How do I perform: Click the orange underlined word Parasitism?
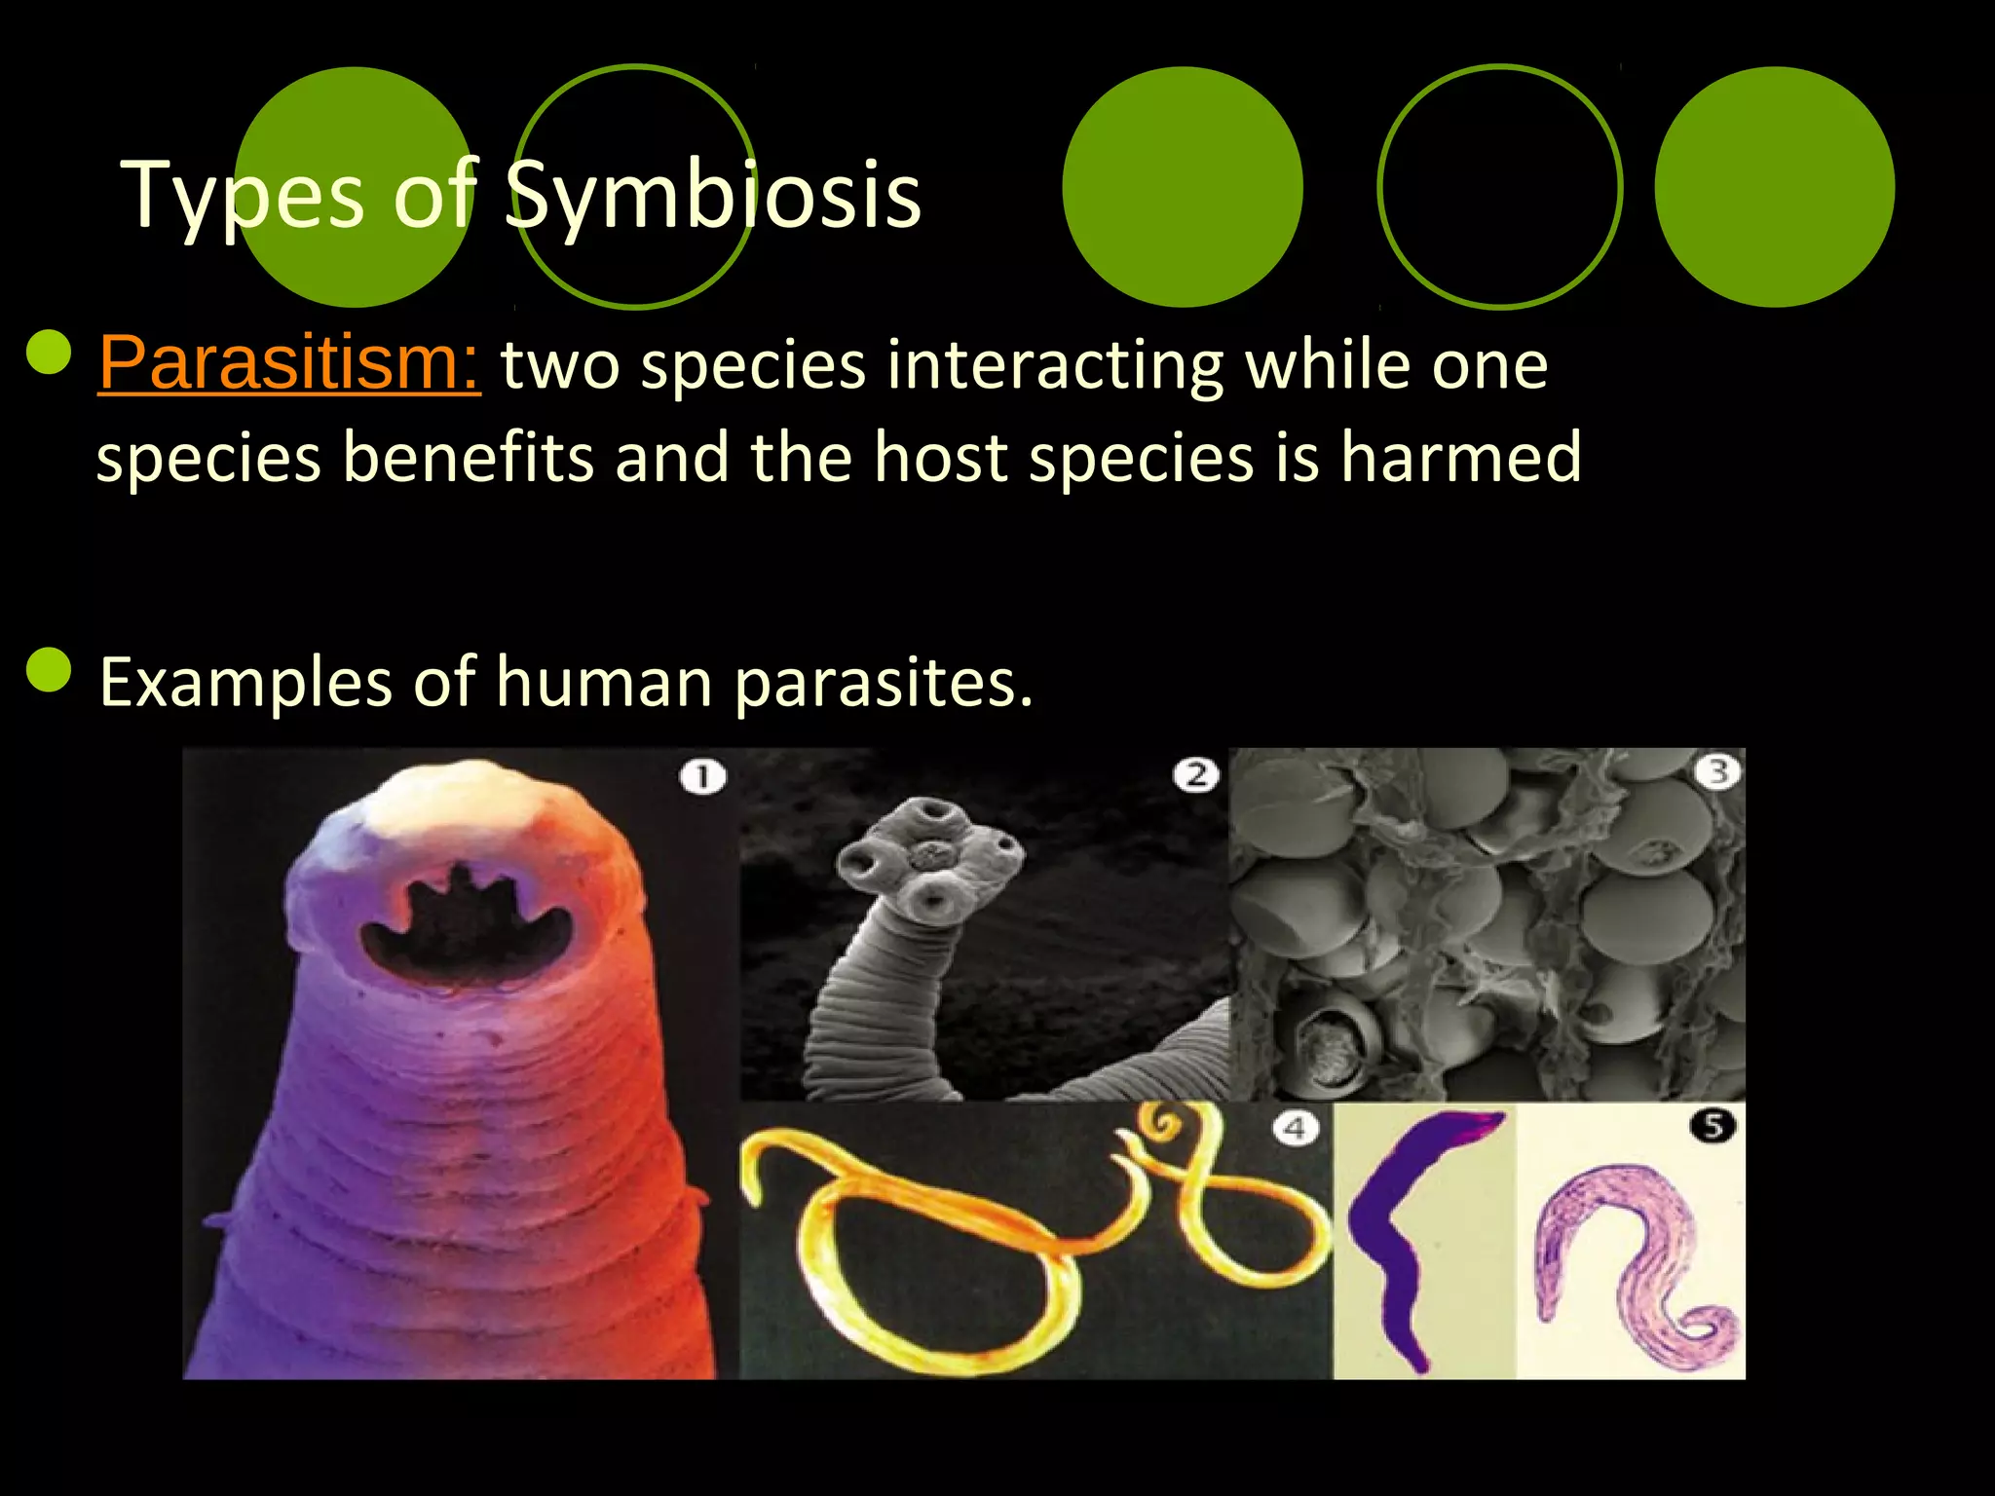288,363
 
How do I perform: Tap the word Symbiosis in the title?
712,195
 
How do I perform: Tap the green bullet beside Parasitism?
49,353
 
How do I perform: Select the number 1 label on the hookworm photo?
702,777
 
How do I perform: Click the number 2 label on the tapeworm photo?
1195,775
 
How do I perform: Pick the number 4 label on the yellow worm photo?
1296,1129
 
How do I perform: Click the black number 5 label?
1713,1127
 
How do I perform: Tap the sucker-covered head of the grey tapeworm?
930,857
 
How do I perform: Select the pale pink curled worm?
1637,1256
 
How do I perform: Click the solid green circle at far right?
1774,187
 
